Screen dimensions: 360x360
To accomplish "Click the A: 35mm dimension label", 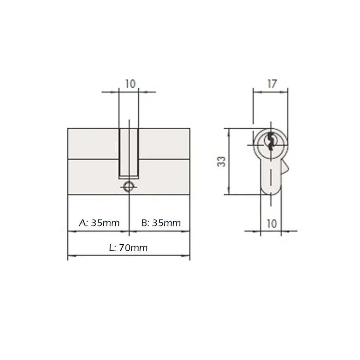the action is pos(99,223).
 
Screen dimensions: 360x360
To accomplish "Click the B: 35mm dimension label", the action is pos(161,223).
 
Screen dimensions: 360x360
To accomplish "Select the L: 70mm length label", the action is pos(128,248).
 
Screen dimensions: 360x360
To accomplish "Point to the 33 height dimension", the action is pos(221,161).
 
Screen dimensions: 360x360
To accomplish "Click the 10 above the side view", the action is pos(130,84).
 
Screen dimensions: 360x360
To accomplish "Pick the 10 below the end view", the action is pos(272,224).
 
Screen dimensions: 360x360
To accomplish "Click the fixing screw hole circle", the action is pos(129,187).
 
